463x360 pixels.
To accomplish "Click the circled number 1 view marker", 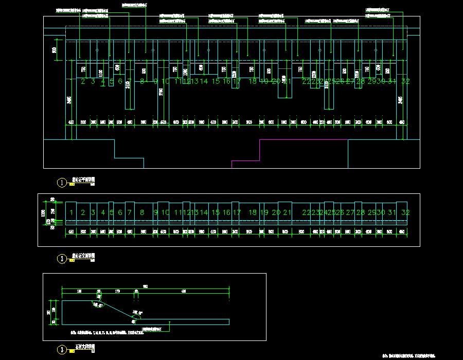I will (62, 182).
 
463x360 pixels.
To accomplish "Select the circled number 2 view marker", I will (62, 259).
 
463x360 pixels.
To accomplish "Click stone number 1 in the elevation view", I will (72, 212).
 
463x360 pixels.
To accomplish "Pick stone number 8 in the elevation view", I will (142, 212).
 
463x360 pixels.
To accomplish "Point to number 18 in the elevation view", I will (252, 212).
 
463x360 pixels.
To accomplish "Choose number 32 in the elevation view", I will (405, 212).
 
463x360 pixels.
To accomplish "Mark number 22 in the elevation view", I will (306, 212).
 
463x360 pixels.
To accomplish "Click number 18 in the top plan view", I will (252, 81).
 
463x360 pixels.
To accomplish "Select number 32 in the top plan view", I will (405, 81).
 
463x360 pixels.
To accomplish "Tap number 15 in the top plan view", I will (216, 81).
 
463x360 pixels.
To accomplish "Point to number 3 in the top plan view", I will (93, 81).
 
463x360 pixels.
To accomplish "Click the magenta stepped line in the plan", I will (260, 149).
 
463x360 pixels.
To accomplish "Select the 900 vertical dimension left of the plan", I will (55, 50).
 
